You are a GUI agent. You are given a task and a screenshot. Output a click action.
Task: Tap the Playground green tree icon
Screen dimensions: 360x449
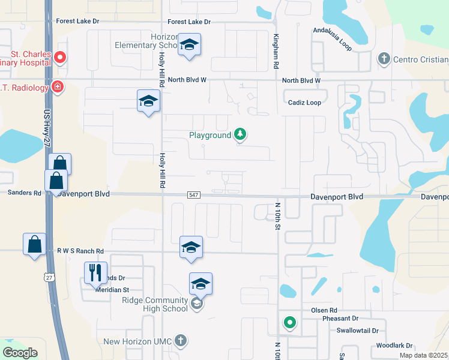click(240, 134)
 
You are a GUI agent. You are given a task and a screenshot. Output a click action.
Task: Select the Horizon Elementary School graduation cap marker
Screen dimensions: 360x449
click(190, 45)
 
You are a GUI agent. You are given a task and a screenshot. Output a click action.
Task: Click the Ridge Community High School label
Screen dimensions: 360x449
click(155, 304)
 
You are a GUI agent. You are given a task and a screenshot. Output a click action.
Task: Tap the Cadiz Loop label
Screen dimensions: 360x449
click(305, 103)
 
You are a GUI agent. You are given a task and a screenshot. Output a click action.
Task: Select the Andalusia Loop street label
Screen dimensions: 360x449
click(333, 34)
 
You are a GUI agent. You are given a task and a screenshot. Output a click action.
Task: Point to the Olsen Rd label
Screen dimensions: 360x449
click(325, 310)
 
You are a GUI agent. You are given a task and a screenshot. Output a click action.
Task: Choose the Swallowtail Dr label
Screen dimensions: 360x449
click(358, 331)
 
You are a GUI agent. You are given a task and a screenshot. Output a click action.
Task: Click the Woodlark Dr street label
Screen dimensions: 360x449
click(394, 346)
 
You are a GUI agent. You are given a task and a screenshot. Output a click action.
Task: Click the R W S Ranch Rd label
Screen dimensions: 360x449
click(80, 251)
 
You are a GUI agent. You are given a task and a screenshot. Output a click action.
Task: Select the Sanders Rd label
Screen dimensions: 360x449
click(25, 193)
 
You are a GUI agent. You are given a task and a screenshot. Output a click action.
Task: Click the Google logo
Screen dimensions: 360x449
click(20, 353)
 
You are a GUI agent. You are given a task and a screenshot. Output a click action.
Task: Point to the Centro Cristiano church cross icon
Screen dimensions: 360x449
click(384, 59)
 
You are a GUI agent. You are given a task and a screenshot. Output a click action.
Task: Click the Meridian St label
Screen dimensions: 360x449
click(112, 290)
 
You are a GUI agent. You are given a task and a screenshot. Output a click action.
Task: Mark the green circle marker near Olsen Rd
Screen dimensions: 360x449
click(290, 323)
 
